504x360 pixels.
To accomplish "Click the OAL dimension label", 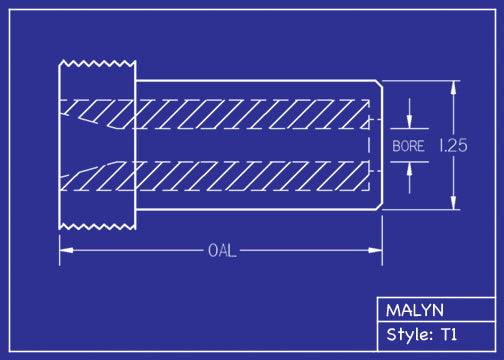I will (x=221, y=249).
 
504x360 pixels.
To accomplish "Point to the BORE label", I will (x=408, y=146).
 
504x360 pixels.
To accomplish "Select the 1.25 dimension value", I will (x=453, y=145).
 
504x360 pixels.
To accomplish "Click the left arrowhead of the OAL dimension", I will (x=64, y=249).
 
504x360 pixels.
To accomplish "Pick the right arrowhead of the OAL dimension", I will (x=378, y=249).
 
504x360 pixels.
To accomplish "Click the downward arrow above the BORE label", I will (x=408, y=124).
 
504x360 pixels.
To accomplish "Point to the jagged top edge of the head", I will (x=97, y=62).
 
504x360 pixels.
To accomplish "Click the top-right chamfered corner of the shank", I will (x=379, y=84).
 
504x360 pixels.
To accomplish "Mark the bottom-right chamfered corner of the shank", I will (x=379, y=207).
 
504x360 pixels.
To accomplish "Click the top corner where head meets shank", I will (x=135, y=80).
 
